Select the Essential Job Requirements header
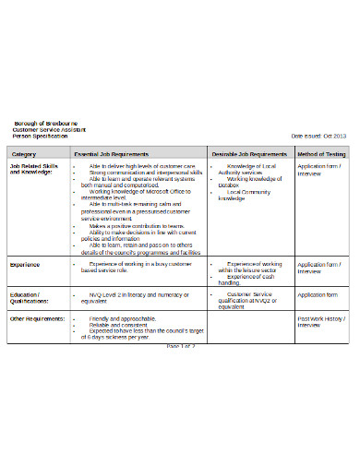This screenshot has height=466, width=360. pyautogui.click(x=113, y=153)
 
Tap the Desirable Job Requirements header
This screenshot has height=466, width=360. pyautogui.click(x=249, y=153)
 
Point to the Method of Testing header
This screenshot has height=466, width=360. pyautogui.click(x=321, y=153)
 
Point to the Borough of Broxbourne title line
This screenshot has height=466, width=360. pyautogui.click(x=45, y=124)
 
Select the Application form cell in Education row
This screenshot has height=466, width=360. pyautogui.click(x=318, y=294)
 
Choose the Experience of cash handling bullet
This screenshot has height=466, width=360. pyautogui.click(x=245, y=280)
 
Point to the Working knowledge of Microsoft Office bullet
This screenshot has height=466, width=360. pyautogui.click(x=138, y=190)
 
